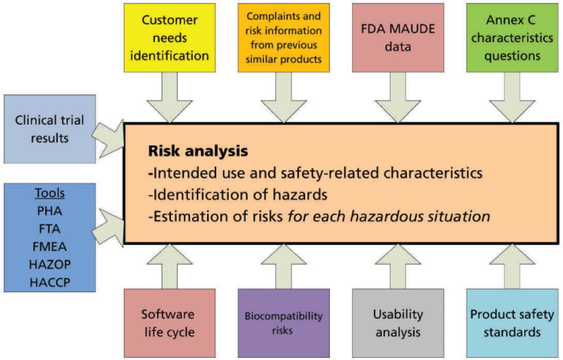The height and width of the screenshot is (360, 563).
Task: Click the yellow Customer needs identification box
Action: [x=170, y=37]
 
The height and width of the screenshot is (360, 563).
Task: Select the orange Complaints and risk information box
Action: [x=284, y=37]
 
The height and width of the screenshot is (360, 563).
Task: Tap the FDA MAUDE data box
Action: [x=398, y=37]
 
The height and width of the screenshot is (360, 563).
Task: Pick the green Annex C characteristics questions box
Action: [x=512, y=37]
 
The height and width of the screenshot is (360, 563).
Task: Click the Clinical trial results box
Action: [x=50, y=129]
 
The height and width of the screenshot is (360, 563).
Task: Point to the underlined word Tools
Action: [x=50, y=194]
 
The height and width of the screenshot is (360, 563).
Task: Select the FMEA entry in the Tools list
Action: [x=50, y=247]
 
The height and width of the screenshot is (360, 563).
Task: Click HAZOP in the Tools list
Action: [x=50, y=265]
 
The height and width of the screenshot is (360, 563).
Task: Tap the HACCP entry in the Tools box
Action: [x=50, y=282]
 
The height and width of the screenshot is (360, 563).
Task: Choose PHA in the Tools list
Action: [x=50, y=211]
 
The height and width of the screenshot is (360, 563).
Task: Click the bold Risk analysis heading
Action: [x=198, y=151]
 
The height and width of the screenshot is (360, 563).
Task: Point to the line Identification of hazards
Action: [x=237, y=195]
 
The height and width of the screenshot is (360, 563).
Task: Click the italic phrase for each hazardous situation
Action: [x=389, y=216]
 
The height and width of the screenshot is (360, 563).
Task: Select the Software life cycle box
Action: [x=170, y=323]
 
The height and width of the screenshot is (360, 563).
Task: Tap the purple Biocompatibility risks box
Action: [x=284, y=323]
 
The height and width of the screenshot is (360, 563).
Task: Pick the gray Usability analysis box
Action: [x=398, y=323]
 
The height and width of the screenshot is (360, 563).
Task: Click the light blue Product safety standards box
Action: [x=512, y=323]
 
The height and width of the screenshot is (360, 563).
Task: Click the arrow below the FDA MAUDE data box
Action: [x=398, y=97]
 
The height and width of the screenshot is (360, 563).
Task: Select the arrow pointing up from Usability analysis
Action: [x=398, y=266]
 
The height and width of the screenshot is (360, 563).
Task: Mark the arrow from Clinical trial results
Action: [x=109, y=139]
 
